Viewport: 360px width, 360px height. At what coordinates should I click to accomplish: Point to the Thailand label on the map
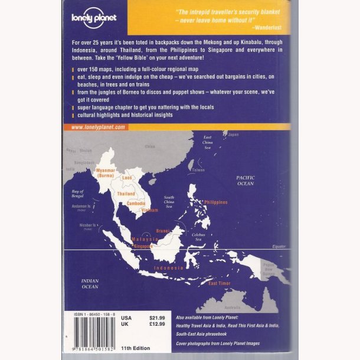point(126,194)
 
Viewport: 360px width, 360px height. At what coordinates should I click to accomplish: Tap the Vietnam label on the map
point(149,210)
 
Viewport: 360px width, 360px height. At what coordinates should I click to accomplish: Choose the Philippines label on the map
point(215,202)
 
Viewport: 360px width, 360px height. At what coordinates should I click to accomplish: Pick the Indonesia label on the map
point(169,268)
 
